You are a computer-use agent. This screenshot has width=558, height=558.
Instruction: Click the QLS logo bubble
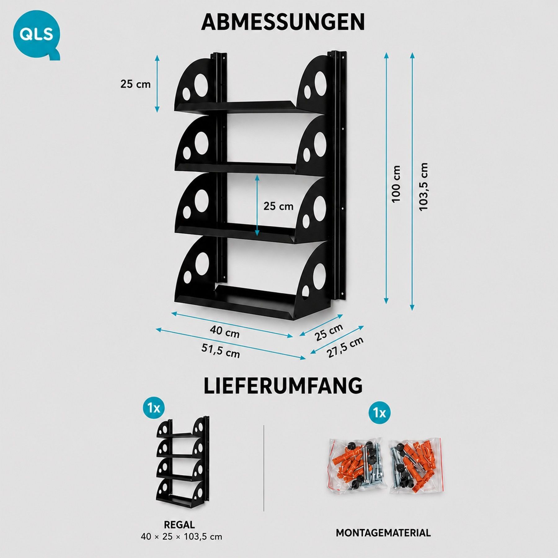click(37, 34)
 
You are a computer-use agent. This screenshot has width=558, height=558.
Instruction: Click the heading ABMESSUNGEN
click(283, 22)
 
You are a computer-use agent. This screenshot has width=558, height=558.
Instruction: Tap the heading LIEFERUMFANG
click(283, 386)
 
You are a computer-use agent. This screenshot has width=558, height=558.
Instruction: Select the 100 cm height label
click(396, 184)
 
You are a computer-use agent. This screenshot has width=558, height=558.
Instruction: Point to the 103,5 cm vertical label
click(423, 187)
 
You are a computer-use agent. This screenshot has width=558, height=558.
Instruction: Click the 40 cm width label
click(225, 331)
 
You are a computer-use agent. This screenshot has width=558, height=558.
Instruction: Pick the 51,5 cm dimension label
click(221, 351)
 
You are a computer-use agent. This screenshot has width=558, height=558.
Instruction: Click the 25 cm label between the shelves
click(278, 206)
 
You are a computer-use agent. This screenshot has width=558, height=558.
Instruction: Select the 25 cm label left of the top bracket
click(135, 84)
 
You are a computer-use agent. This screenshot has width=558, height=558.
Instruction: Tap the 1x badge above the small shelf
click(154, 408)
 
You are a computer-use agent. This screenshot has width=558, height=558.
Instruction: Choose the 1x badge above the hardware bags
click(379, 413)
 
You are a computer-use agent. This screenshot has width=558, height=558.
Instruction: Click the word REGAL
click(179, 525)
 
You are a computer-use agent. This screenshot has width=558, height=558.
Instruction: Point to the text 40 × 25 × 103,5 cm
click(181, 537)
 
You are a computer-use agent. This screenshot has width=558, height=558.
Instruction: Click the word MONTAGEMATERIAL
click(383, 533)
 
